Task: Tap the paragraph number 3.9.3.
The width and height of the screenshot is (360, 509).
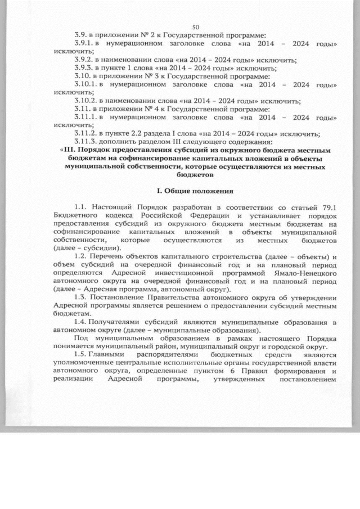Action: [x=85, y=67]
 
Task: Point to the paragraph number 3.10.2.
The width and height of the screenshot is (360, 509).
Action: [x=87, y=98]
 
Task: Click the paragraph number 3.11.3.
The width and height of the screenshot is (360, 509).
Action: [x=87, y=141]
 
